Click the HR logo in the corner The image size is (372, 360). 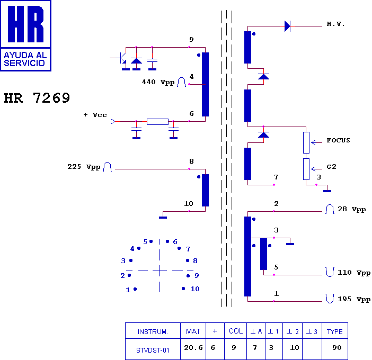click(25, 35)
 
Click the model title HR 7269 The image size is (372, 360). click(37, 98)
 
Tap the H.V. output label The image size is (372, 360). click(335, 25)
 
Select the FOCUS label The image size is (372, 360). click(338, 140)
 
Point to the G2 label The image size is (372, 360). click(331, 166)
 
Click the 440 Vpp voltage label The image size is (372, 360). click(158, 82)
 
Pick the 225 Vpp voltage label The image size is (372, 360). click(84, 167)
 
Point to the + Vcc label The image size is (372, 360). click(95, 114)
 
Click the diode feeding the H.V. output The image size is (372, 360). click(288, 26)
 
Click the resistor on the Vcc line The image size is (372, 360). click(157, 122)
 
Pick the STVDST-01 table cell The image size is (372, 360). click(153, 349)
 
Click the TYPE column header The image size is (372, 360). click(334, 332)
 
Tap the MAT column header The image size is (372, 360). click(193, 332)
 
